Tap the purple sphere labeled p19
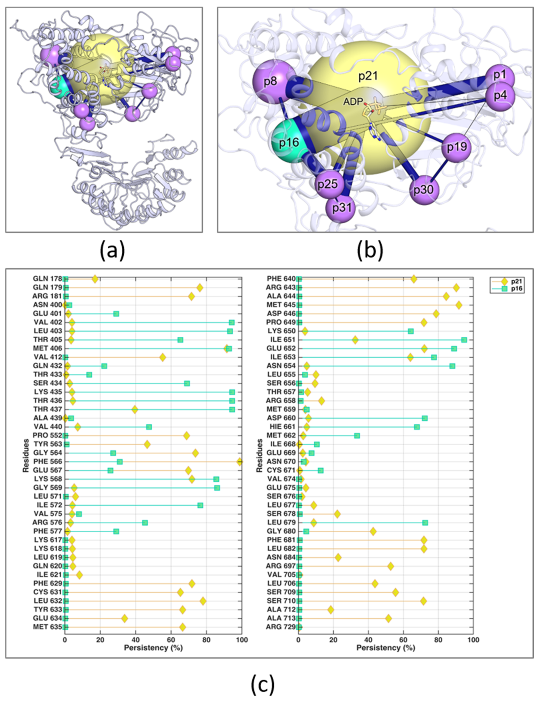(x=456, y=147)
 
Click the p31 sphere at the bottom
(x=341, y=208)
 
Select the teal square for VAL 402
(x=231, y=322)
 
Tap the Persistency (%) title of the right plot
(x=386, y=648)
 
